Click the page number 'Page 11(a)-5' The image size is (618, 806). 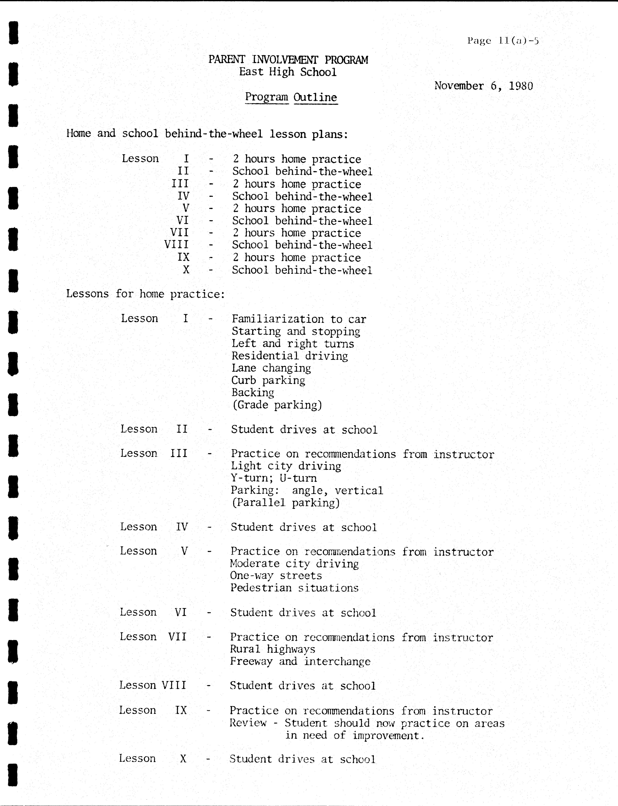(502, 41)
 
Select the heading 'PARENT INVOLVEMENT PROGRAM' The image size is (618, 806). (288, 60)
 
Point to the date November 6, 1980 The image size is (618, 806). (483, 86)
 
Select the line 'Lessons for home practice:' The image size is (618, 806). (145, 294)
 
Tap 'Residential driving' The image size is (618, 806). (290, 356)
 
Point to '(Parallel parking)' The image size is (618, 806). (285, 503)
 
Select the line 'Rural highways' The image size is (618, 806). (273, 649)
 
